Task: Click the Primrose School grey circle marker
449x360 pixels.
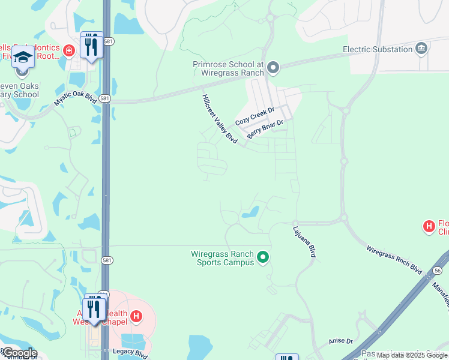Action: pos(273,67)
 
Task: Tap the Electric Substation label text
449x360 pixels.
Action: pos(376,49)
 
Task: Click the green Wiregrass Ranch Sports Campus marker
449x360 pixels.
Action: pos(262,258)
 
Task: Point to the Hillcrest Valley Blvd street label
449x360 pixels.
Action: pos(220,118)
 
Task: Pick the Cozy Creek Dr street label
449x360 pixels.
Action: pos(255,116)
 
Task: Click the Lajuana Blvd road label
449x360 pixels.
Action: pos(304,242)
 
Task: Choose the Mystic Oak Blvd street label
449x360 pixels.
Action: pos(75,98)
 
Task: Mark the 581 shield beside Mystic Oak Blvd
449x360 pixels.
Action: pos(105,98)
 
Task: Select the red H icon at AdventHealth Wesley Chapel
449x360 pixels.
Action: pos(137,316)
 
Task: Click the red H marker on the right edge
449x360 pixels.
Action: pos(429,226)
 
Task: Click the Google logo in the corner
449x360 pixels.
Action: pos(19,353)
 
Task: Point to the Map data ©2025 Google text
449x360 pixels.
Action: pos(412,355)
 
